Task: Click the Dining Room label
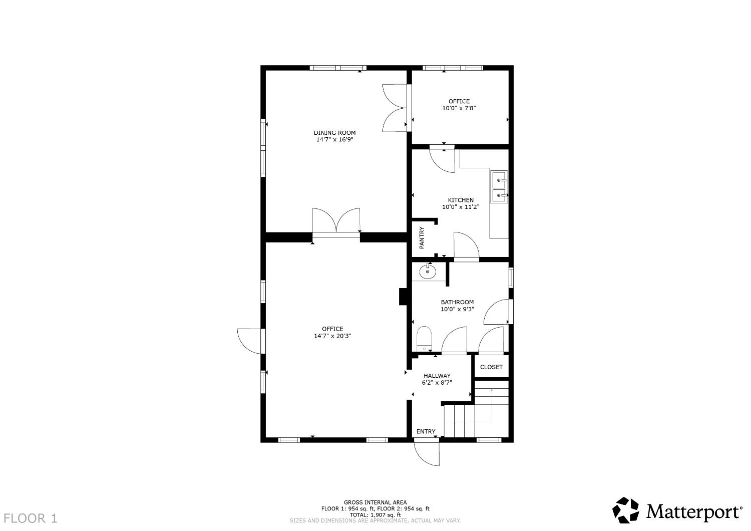pos(334,133)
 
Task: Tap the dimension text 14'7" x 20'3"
pos(332,336)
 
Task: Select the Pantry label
pos(422,238)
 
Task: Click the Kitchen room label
pos(461,200)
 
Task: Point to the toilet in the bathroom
pos(424,339)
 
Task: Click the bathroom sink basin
pos(428,272)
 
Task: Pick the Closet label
pos(491,367)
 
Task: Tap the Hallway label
pos(437,376)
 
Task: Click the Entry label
pos(426,431)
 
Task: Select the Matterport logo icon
pos(626,510)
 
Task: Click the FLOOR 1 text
pos(31,518)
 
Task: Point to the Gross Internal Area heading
pos(375,502)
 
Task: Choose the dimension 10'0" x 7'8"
pos(459,108)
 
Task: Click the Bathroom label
pos(457,302)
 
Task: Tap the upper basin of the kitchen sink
pos(499,179)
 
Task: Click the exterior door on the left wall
pos(250,341)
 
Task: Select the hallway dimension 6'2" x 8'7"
pos(437,382)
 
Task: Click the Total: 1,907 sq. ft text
pos(375,514)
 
